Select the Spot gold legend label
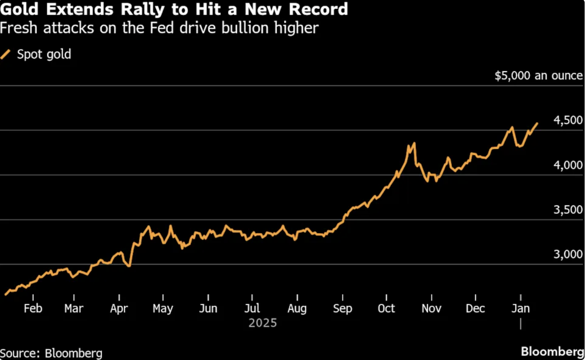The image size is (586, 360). coord(44,55)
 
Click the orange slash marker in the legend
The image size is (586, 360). coord(6,55)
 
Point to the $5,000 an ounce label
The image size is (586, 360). coord(538,76)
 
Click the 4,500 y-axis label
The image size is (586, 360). coord(568,121)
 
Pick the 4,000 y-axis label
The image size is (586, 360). coord(568,165)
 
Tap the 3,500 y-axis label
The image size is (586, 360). coord(568,210)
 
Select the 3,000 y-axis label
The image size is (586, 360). coord(568,254)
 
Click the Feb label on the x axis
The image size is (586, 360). coord(33,308)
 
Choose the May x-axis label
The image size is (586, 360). coord(163,308)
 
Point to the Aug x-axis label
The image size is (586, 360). coord(297,308)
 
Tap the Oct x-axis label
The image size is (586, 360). coord(386,308)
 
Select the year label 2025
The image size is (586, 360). coord(263,323)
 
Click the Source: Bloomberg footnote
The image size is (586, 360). coord(51,353)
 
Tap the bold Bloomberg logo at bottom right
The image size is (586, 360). coord(552,350)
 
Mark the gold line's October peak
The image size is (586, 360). coord(414,143)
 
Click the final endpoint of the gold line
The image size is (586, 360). coord(537,123)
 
